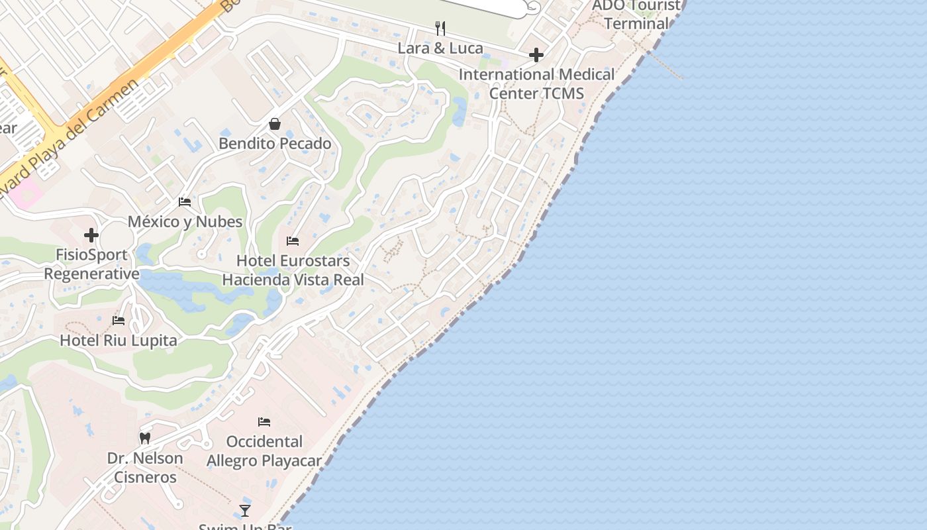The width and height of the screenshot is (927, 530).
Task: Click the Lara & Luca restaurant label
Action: coord(440,48)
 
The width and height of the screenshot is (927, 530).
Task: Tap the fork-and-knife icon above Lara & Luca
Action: coord(440,28)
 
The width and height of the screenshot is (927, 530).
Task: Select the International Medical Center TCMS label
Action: coord(536,83)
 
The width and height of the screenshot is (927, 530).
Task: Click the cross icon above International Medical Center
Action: coord(536,54)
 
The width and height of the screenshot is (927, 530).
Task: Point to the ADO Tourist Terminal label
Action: coord(636,15)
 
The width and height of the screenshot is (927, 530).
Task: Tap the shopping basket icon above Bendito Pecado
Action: coord(275,124)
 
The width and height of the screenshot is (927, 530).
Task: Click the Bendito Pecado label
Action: coord(275,144)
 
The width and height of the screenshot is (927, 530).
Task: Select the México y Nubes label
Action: coord(185,222)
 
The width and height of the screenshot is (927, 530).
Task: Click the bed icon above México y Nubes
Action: coord(185,201)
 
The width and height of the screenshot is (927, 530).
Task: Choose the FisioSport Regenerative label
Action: coord(91,264)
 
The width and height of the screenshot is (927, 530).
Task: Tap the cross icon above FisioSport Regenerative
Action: coord(91,235)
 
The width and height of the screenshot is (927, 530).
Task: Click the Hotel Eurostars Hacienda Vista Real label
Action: coord(293,270)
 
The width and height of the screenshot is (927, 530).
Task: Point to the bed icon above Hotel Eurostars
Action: coord(293,241)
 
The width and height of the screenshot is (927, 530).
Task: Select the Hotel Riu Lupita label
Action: coord(119,341)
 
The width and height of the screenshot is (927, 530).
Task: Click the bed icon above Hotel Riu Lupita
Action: coord(119,321)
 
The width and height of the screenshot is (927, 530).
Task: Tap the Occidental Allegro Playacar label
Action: coord(264,451)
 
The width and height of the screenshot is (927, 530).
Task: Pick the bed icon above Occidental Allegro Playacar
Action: coord(264,422)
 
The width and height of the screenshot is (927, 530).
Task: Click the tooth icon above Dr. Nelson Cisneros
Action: coord(145,438)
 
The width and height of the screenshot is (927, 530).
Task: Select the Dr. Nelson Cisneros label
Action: coord(145,468)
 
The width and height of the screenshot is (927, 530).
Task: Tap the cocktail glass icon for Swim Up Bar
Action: coord(245,510)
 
